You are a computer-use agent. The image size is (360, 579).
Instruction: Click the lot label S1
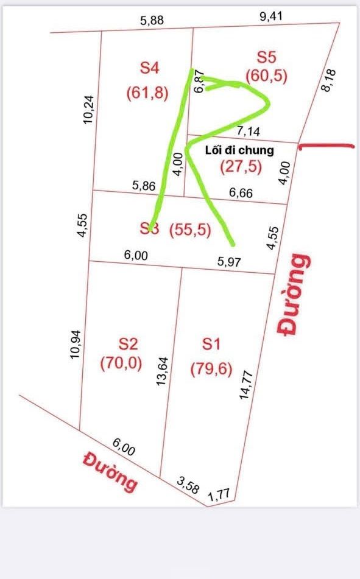click(x=211, y=344)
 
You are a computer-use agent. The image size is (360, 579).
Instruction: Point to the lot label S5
click(x=266, y=57)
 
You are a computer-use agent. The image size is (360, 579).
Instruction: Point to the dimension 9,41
click(x=271, y=16)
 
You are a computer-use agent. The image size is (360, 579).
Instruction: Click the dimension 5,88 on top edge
click(x=152, y=20)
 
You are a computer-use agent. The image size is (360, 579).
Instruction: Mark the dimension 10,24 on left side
click(x=89, y=110)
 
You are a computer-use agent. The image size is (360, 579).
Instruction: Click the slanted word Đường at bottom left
click(x=111, y=471)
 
